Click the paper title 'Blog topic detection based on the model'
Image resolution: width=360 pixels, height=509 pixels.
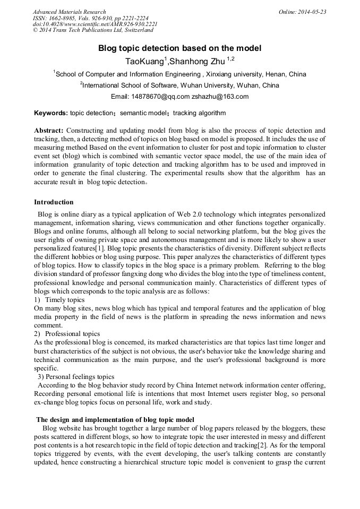click(x=179, y=48)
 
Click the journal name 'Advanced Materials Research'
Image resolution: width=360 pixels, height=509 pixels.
click(x=70, y=12)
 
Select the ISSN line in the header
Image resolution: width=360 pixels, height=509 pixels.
click(x=90, y=18)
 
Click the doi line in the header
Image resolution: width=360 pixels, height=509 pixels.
click(x=95, y=24)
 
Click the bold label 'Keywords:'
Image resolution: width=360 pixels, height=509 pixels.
click(x=51, y=113)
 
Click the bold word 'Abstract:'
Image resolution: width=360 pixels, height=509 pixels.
click(x=49, y=130)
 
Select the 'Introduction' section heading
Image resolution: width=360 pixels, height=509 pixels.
click(x=54, y=202)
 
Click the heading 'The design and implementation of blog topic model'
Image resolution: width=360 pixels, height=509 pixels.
click(x=115, y=419)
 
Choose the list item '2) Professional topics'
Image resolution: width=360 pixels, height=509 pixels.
click(x=67, y=334)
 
